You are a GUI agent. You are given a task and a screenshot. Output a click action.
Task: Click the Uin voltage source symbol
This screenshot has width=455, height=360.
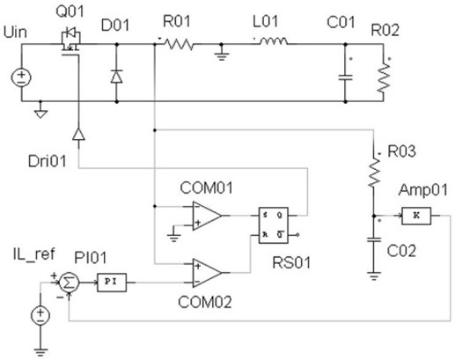(x=21, y=77)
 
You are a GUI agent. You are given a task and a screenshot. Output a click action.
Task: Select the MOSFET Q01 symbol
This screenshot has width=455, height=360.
(x=70, y=41)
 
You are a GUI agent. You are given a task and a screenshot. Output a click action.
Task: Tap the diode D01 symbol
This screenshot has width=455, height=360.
(x=116, y=77)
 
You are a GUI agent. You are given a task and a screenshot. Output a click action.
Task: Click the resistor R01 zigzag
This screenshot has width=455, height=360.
(x=179, y=44)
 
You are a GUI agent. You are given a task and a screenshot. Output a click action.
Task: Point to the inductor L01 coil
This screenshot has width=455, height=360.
(x=273, y=41)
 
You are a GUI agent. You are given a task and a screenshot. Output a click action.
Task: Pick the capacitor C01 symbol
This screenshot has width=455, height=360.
(x=345, y=77)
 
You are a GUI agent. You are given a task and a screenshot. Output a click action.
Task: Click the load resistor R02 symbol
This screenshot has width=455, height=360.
(x=384, y=77)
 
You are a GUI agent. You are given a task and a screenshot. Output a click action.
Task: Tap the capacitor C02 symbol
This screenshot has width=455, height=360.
(x=374, y=239)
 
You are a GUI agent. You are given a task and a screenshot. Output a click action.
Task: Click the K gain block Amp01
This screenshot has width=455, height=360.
(x=416, y=216)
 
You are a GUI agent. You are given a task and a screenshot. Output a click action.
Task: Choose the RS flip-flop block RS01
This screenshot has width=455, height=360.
(x=274, y=225)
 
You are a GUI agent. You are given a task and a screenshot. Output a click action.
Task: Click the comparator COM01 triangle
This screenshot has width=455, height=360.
(x=207, y=216)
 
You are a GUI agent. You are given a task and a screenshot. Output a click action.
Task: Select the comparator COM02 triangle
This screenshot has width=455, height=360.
(x=207, y=273)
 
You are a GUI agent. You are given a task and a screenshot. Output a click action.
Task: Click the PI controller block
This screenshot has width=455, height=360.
(x=112, y=283)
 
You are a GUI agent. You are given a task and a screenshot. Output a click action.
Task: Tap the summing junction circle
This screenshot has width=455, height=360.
(x=69, y=283)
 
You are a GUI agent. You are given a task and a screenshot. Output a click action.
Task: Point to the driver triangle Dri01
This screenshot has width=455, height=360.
(x=78, y=135)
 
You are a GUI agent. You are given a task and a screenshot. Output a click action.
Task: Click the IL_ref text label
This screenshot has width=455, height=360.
(x=34, y=253)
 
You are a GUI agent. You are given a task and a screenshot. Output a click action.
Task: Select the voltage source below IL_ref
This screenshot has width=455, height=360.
(x=40, y=315)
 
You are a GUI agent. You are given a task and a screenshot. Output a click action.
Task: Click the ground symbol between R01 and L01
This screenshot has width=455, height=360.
(x=222, y=55)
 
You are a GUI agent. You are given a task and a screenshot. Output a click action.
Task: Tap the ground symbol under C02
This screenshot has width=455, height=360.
(x=373, y=276)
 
